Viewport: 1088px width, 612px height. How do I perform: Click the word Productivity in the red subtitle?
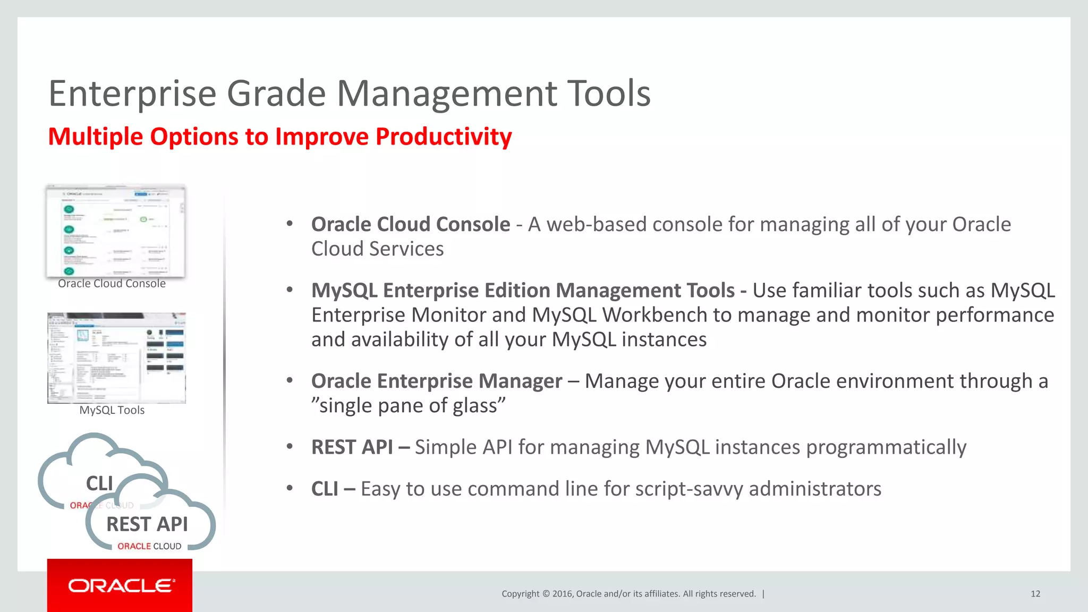[x=444, y=137]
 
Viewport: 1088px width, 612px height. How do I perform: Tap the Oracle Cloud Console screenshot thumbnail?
[x=116, y=231]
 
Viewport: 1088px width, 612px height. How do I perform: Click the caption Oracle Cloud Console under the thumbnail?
[x=112, y=284]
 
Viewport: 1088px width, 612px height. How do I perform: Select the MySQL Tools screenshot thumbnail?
[x=116, y=358]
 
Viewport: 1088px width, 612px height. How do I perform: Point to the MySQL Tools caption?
[x=112, y=410]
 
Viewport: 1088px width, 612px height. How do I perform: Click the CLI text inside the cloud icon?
[x=99, y=483]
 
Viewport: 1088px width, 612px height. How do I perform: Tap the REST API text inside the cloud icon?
[x=147, y=524]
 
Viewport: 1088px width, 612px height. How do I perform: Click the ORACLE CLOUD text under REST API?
[x=149, y=546]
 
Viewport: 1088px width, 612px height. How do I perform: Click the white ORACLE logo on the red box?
[x=121, y=586]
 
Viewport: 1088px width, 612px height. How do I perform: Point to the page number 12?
[x=1035, y=594]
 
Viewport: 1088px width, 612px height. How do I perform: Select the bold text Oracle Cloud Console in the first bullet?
[x=410, y=225]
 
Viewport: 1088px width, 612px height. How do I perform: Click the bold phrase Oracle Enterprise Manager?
[x=436, y=381]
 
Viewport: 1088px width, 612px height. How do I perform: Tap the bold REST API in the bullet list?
[x=352, y=447]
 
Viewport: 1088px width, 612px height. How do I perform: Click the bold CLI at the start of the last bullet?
[x=325, y=489]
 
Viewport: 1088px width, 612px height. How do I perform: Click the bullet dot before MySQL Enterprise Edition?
[x=290, y=290]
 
